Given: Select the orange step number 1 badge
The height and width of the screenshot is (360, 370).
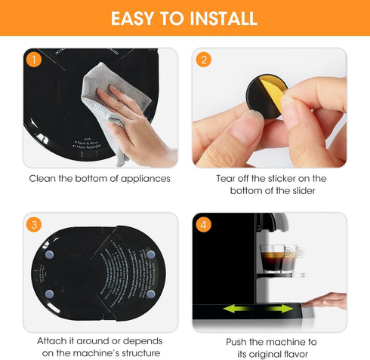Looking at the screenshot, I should pos(32,59).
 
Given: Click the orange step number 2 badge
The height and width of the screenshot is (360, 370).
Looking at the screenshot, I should pos(202,59).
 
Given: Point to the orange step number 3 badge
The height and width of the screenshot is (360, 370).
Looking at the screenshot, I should pos(32,224).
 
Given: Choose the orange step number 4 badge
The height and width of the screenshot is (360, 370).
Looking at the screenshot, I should pos(202,224).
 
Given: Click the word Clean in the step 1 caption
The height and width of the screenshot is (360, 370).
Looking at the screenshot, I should pos(42,179).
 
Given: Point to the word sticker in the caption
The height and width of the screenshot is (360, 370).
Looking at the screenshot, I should pos(288,179).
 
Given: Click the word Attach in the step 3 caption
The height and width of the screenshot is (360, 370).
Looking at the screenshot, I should pos(52,341).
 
